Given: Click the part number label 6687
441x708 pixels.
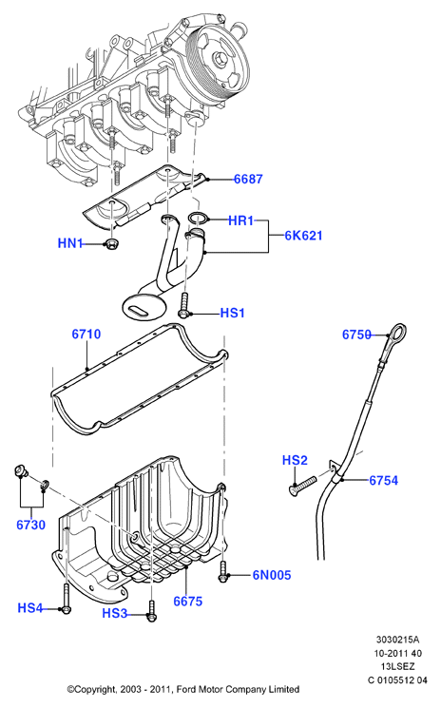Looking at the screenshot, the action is pos(248,180).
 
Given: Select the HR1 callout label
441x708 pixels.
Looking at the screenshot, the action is pos(241,220).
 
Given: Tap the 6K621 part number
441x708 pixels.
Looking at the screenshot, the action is pos(303,236).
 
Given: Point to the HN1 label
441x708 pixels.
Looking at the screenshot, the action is pos(70,243).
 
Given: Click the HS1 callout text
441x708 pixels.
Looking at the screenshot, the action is pos(233,313).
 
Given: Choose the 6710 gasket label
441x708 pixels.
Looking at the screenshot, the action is pos(86,335).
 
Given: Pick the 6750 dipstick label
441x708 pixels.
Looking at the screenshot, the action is pos(356,335).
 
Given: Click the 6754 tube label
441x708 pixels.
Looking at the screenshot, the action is pos(384,481).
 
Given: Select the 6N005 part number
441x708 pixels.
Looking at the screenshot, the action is pos(272,575).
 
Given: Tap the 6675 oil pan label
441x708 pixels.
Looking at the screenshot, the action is pos(188,601).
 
